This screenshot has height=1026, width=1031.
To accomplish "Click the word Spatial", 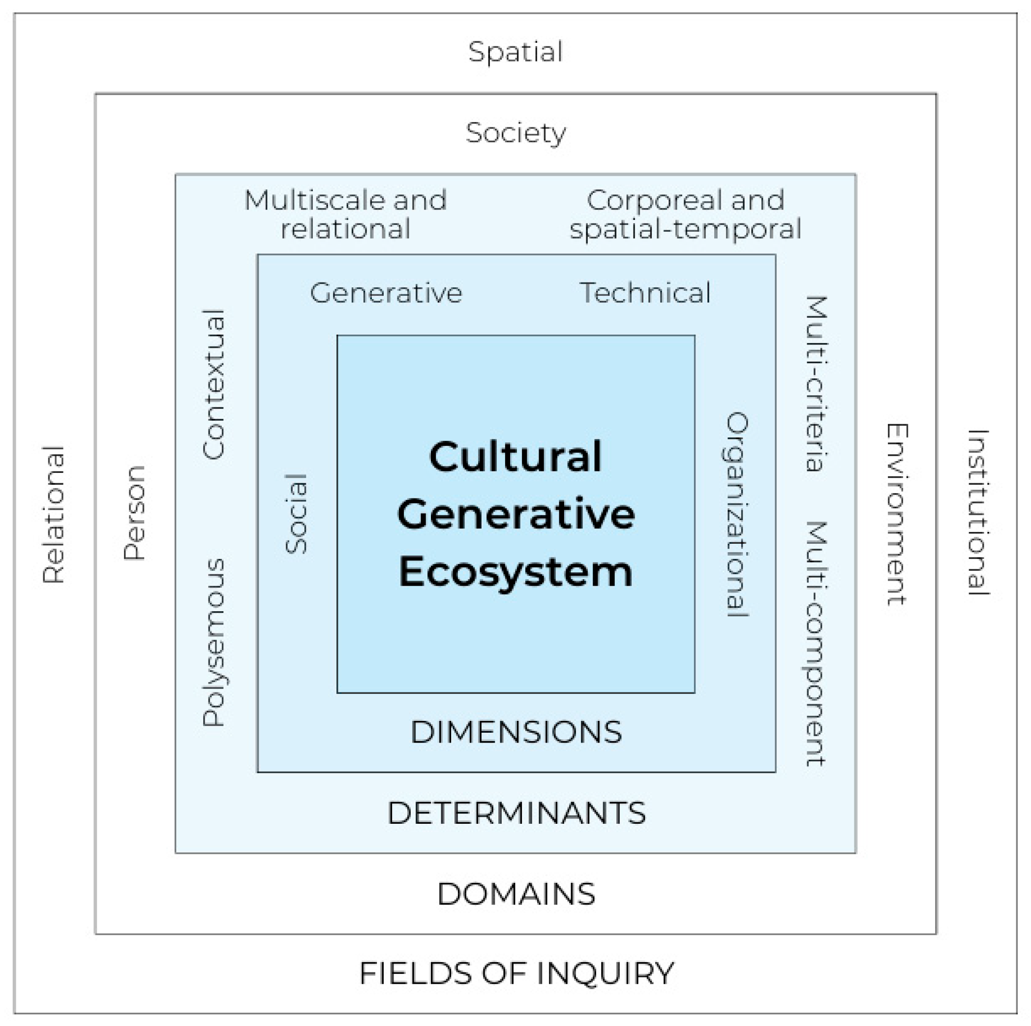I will [x=515, y=52].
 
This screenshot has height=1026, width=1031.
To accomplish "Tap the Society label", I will [x=515, y=133].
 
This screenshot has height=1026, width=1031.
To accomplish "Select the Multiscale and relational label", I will [x=345, y=215].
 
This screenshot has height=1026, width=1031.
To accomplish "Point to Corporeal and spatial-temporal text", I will [x=685, y=215].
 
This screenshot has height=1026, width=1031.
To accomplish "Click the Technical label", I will [x=645, y=292].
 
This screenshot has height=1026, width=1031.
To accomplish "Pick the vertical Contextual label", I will [x=213, y=384].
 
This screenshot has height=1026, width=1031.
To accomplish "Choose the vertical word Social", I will [x=296, y=514].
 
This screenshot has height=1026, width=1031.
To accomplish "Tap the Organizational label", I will [x=737, y=514].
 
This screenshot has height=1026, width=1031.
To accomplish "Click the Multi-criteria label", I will [x=816, y=383].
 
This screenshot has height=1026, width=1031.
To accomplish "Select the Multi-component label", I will [x=816, y=643].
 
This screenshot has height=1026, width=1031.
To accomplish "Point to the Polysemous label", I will [x=213, y=642].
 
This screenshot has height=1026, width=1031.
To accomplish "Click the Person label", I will [x=134, y=512].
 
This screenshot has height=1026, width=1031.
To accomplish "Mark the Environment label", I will [x=897, y=514].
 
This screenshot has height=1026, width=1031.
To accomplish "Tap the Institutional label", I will [x=978, y=512].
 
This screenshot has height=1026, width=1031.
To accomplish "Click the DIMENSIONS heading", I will [x=516, y=732].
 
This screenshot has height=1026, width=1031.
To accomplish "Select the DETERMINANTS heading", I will [x=516, y=813].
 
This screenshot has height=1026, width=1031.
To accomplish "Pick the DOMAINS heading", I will [x=516, y=894].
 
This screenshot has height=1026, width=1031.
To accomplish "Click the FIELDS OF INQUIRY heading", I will [x=516, y=973].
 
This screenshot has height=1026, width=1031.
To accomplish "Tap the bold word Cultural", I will [x=515, y=457].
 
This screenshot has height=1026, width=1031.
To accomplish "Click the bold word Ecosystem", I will [x=515, y=572].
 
